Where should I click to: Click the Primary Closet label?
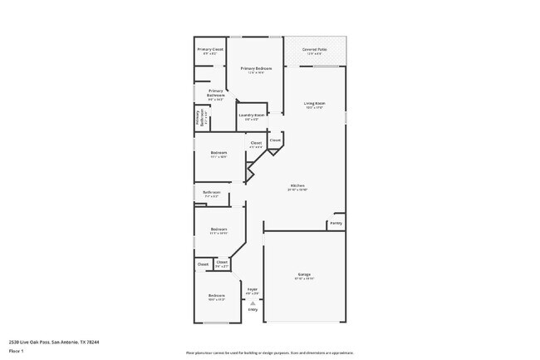pyautogui.click(x=210, y=50)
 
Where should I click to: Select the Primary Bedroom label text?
pyautogui.click(x=256, y=68)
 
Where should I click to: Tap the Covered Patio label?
pyautogui.click(x=314, y=50)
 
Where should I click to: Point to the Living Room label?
pyautogui.click(x=314, y=104)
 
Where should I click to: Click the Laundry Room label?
pyautogui.click(x=252, y=116)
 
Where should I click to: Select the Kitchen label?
pyautogui.click(x=297, y=185)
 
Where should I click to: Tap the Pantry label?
pyautogui.click(x=336, y=223)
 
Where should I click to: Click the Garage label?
pyautogui.click(x=304, y=274)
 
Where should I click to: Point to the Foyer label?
pyautogui.click(x=252, y=289)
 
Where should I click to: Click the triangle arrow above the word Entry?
pyautogui.click(x=252, y=303)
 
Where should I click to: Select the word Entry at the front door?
pyautogui.click(x=252, y=310)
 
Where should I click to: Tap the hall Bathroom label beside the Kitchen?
pyautogui.click(x=212, y=192)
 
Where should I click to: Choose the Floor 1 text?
pyautogui.click(x=17, y=351)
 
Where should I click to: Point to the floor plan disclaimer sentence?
pyautogui.click(x=269, y=353)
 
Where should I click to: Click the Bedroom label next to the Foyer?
pyautogui.click(x=216, y=296)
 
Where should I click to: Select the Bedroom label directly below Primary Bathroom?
pyautogui.click(x=218, y=153)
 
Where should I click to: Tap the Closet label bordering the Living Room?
pyautogui.click(x=275, y=141)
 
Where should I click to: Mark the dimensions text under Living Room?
pyautogui.click(x=314, y=108)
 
